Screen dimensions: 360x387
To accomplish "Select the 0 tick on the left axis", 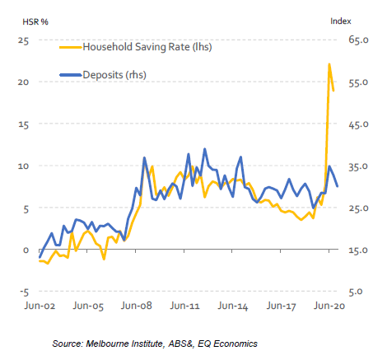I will tap(26, 250).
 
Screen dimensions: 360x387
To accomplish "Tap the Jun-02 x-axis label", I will tap(40, 305).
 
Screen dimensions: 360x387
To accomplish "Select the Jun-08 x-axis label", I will tap(137, 305).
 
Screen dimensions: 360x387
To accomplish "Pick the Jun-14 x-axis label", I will tap(233, 305).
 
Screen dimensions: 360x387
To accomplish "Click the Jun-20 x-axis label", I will tap(329, 305).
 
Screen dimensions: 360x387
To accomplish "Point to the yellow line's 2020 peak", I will tap(329, 64).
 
